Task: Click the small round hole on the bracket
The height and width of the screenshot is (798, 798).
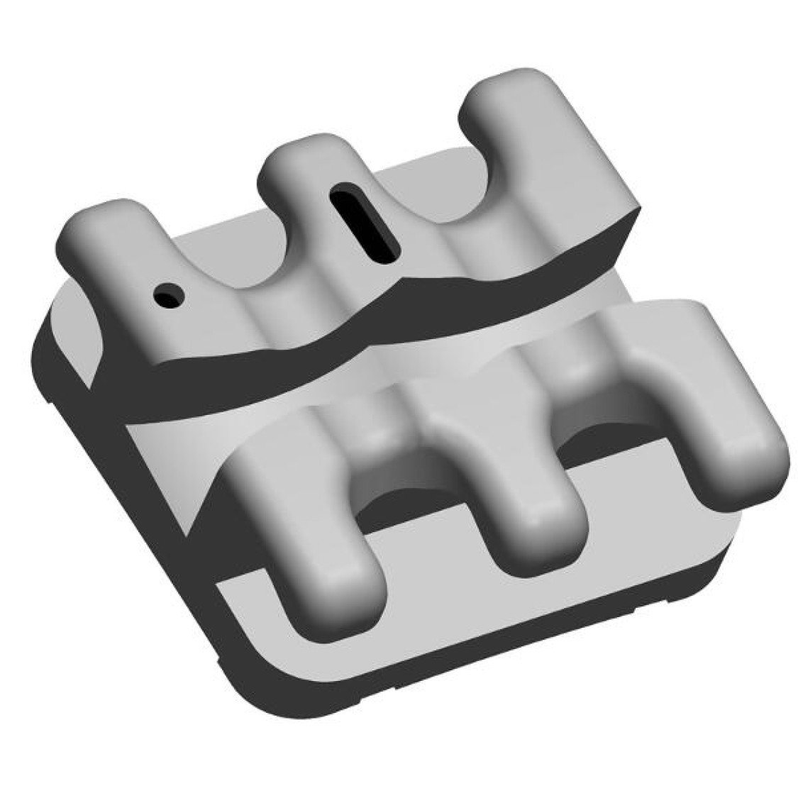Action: [x=170, y=294]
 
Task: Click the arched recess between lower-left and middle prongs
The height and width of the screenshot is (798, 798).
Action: [x=411, y=489]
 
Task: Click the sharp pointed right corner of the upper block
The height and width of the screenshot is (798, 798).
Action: [x=642, y=206]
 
